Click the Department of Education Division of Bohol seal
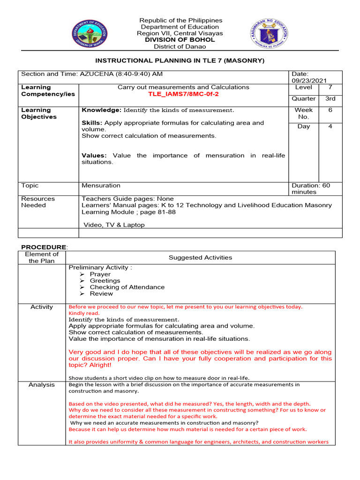point(89,33)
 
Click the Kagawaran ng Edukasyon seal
point(269,32)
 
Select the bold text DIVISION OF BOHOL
point(180,40)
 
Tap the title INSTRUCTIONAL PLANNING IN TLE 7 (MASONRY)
point(180,61)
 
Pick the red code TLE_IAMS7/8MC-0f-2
point(183,94)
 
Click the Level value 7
point(330,88)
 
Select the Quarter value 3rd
point(330,98)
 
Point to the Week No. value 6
point(330,110)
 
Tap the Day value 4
point(330,127)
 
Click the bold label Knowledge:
point(102,110)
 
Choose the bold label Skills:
point(92,123)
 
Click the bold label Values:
point(94,155)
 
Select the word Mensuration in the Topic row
point(101,186)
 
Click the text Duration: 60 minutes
point(310,188)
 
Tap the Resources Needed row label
point(38,202)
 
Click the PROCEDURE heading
point(44,247)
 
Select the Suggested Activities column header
point(200,257)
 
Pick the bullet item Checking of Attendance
point(127,287)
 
